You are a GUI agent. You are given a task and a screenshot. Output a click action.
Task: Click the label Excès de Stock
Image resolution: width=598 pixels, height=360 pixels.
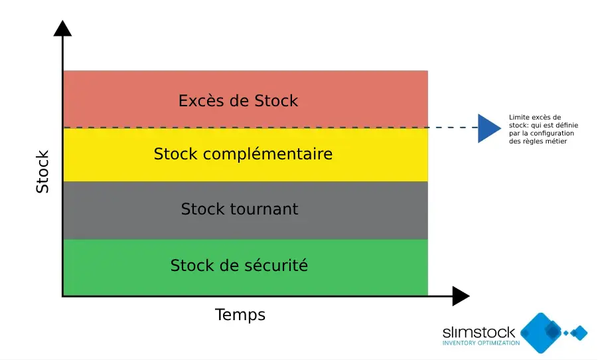[x=238, y=101]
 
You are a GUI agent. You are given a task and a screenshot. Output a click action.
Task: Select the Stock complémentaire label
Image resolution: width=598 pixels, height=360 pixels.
[x=243, y=154]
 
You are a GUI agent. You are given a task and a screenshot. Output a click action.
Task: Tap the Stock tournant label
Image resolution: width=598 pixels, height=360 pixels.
[x=240, y=209]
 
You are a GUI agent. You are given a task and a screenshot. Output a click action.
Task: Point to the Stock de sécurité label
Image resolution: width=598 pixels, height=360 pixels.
[x=239, y=266]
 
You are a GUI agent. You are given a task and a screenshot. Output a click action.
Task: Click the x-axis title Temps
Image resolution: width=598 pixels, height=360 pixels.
[x=240, y=315]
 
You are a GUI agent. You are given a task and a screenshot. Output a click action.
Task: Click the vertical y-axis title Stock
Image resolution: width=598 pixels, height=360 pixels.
[x=42, y=172]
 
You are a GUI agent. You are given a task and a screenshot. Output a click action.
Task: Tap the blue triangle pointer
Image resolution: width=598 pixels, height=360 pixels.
[x=488, y=128]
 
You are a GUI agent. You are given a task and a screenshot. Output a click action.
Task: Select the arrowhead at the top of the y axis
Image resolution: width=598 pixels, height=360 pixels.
[x=62, y=28]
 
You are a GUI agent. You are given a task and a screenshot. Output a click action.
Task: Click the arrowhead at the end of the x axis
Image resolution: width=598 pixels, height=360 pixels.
[x=461, y=296]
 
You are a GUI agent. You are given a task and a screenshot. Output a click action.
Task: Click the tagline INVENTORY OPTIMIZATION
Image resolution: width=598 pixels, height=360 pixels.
[x=481, y=343]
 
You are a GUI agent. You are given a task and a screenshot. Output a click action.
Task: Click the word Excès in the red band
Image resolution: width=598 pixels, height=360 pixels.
[x=200, y=101]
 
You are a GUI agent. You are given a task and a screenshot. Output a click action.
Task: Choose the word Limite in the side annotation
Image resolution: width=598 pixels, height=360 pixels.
[x=518, y=117]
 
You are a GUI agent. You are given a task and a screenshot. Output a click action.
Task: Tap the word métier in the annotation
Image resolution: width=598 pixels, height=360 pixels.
[x=557, y=141]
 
